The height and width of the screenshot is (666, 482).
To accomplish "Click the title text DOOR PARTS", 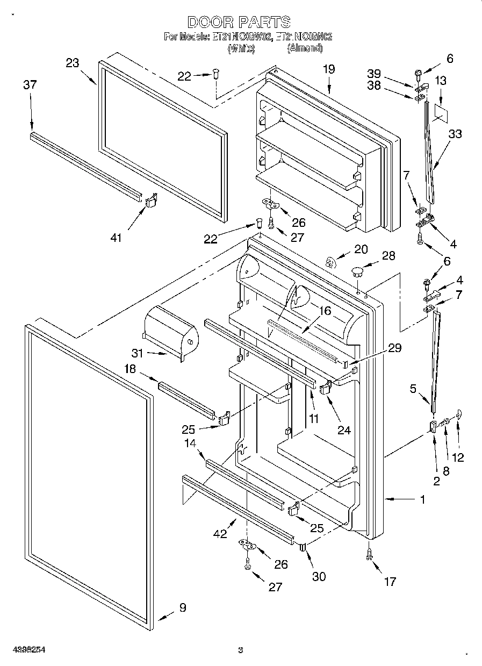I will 240,22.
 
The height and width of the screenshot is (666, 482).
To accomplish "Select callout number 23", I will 73,63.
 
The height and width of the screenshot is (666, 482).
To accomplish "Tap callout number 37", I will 30,84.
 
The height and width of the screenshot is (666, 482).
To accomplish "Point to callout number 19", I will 329,69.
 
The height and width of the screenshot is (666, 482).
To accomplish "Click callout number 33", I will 455,134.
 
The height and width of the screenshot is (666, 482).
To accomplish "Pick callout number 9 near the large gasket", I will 183,608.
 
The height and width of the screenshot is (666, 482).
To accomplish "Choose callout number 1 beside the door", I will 422,500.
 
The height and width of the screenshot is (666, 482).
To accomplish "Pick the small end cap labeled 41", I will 150,200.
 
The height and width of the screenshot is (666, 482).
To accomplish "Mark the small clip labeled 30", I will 303,548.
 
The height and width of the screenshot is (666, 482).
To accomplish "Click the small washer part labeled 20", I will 332,262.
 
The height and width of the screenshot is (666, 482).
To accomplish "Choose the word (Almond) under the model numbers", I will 305,48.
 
